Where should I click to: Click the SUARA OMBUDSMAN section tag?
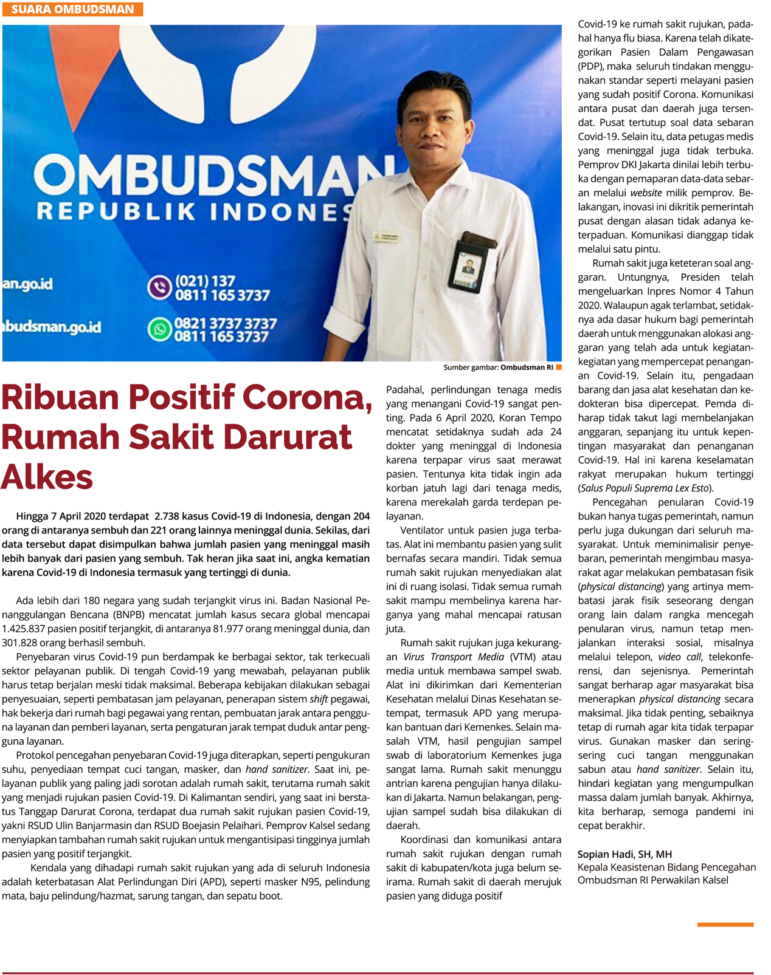point(72,9)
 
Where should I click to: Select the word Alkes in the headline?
point(47,477)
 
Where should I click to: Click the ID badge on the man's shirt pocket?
point(469,265)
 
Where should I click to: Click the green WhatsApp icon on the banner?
point(160,329)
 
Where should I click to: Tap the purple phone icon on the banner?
point(160,287)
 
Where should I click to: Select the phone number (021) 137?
point(205,281)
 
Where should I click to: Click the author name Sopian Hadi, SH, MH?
point(624,854)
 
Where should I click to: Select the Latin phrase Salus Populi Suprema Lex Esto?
point(645,488)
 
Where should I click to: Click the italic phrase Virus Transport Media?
point(454,657)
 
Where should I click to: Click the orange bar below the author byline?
point(725,925)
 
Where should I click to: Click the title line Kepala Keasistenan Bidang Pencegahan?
point(666,867)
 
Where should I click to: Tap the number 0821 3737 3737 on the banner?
point(226,323)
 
